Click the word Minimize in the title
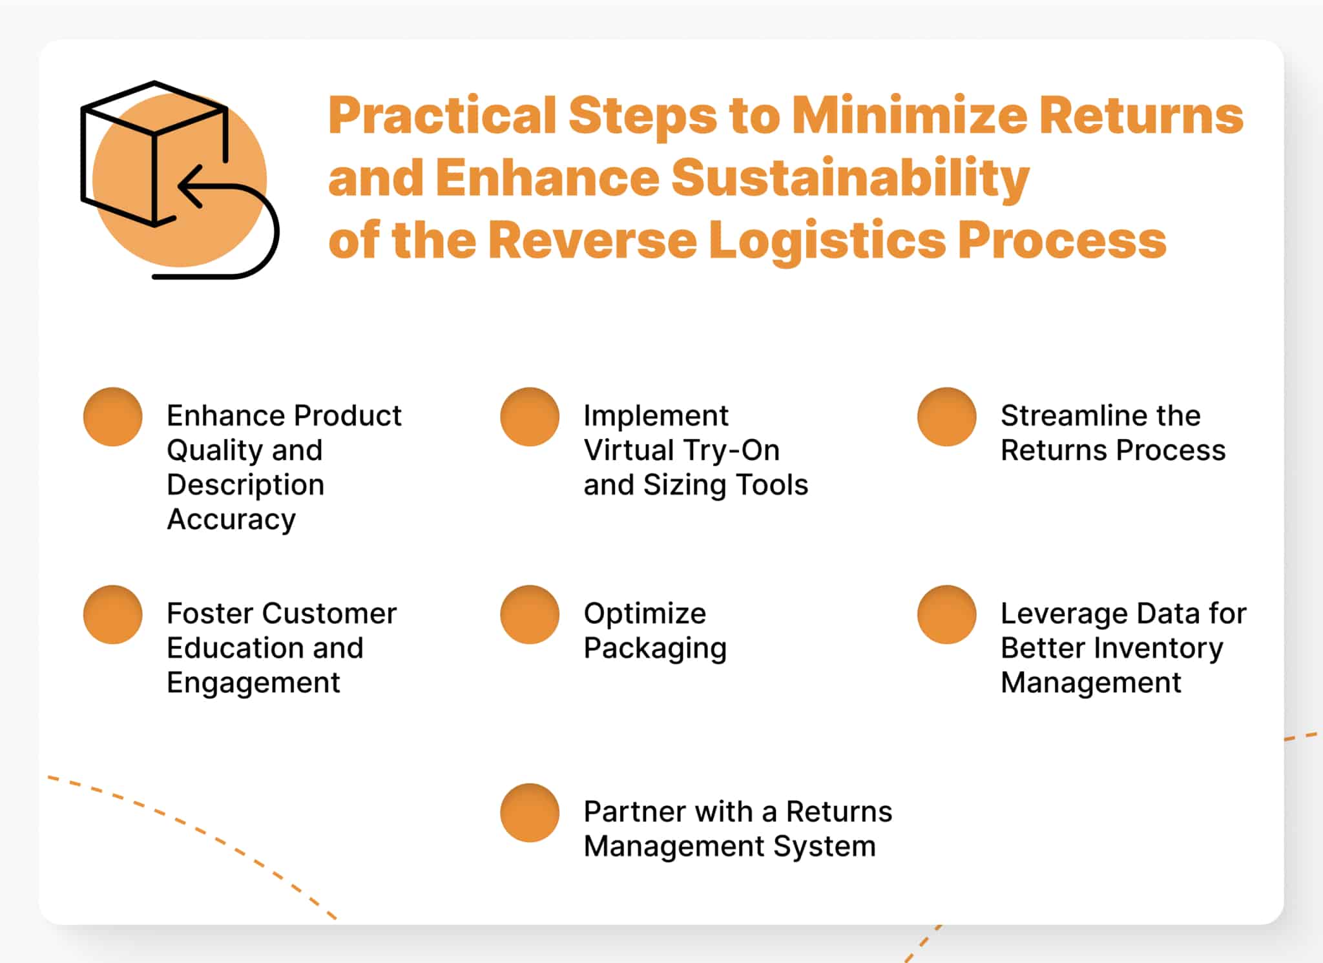click(910, 116)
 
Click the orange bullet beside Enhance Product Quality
click(113, 417)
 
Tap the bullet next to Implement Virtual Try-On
click(530, 417)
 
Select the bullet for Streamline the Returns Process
click(947, 417)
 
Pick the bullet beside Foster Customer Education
click(113, 614)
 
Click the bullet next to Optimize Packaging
click(530, 614)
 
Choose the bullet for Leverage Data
click(947, 614)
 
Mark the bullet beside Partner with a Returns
click(530, 813)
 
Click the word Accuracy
click(231, 520)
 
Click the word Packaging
click(655, 649)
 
